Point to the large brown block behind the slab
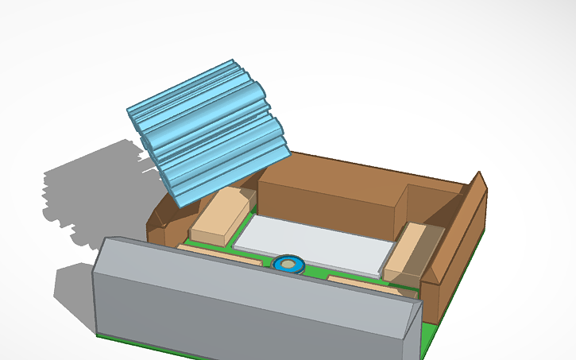pos(330,195)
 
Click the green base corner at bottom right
pos(425,342)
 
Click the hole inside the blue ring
pos(288,263)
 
